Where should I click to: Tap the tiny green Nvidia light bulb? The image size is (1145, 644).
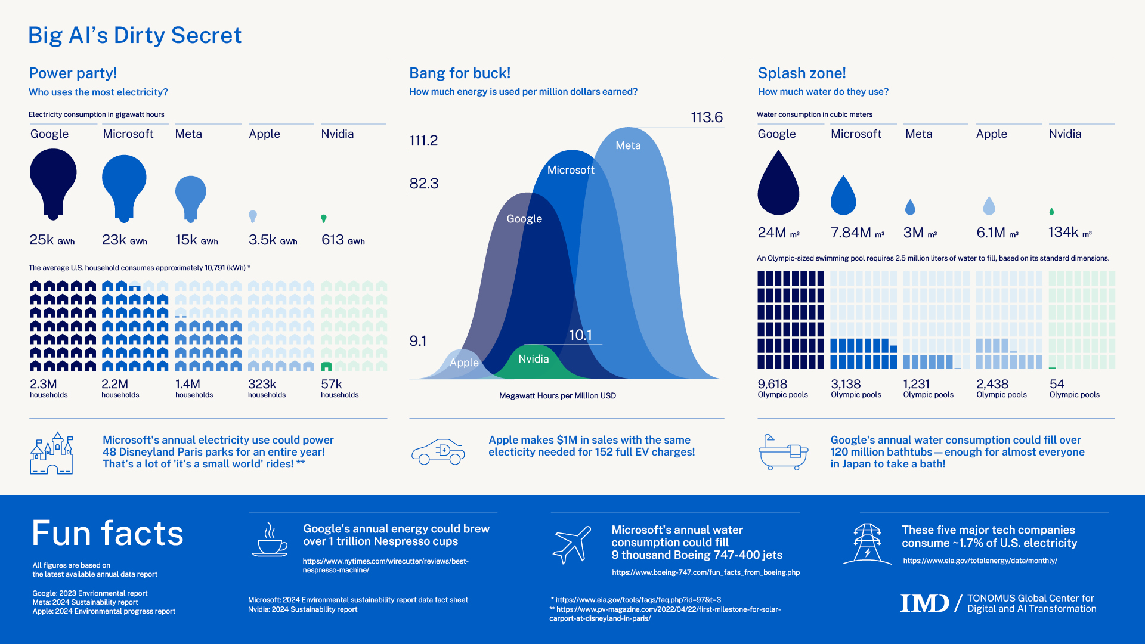point(324,219)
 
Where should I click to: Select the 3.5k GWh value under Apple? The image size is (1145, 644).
point(273,240)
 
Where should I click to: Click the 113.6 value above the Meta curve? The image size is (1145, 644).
point(707,117)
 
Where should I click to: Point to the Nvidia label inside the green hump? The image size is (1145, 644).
point(533,359)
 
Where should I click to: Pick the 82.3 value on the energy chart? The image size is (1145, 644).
point(424,184)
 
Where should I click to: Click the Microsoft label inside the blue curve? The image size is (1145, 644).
point(571,170)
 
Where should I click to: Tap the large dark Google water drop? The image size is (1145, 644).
point(778,185)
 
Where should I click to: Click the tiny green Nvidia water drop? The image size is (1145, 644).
point(1051,212)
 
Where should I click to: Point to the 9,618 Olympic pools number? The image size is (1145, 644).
point(772,384)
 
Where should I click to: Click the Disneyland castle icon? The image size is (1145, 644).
point(52,454)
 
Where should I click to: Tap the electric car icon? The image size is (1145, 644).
point(438,452)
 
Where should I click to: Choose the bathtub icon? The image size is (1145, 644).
point(783,453)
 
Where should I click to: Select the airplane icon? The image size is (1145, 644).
point(572,544)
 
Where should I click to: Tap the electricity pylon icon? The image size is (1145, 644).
point(867,543)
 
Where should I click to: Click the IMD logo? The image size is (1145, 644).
point(924,603)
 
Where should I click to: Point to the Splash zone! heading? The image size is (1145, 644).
point(801,73)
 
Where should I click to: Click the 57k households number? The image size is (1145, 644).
point(332,384)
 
